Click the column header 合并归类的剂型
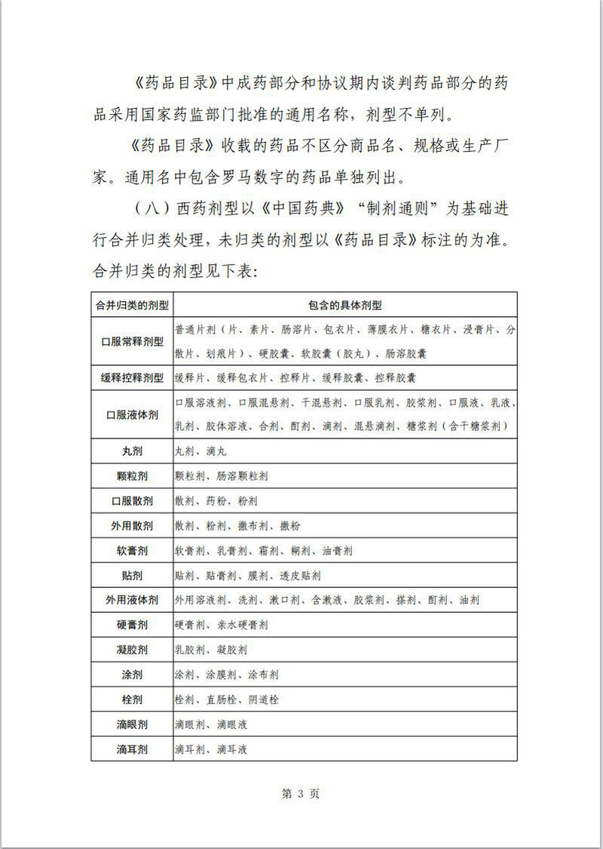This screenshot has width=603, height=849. coord(132,306)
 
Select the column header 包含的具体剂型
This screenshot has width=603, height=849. coord(344,306)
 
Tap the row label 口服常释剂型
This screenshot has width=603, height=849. coord(132,342)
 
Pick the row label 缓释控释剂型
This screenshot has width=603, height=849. coord(132,377)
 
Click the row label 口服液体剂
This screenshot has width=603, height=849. coord(132,414)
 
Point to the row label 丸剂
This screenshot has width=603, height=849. coord(132,451)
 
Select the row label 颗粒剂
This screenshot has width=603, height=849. coord(132,476)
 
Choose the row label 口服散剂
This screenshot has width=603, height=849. coord(132,501)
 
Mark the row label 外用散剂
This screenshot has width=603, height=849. coord(132,526)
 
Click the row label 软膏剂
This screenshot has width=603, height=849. coord(132,551)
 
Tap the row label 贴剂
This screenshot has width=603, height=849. coord(132,576)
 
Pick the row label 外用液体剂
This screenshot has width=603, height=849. coord(132,600)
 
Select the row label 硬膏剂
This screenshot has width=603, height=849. coord(132,625)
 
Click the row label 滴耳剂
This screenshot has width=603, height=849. coord(132,749)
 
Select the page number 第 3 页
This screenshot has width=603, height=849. coord(301,794)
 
